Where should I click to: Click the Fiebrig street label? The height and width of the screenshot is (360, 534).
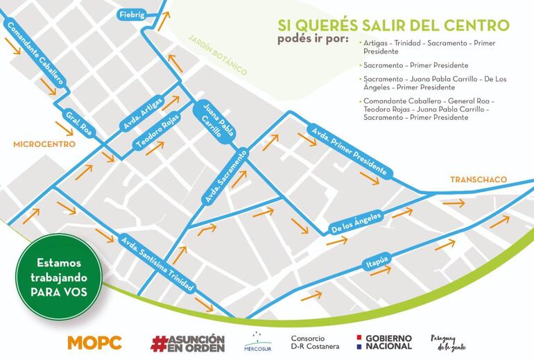pyautogui.click(x=132, y=14)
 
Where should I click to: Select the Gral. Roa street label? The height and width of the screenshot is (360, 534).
pyautogui.click(x=78, y=124)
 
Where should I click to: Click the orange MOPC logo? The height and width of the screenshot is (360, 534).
pyautogui.click(x=94, y=342)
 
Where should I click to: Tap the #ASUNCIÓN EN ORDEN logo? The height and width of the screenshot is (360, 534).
pyautogui.click(x=187, y=342)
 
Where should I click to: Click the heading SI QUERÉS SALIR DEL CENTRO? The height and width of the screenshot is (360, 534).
pyautogui.click(x=393, y=25)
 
